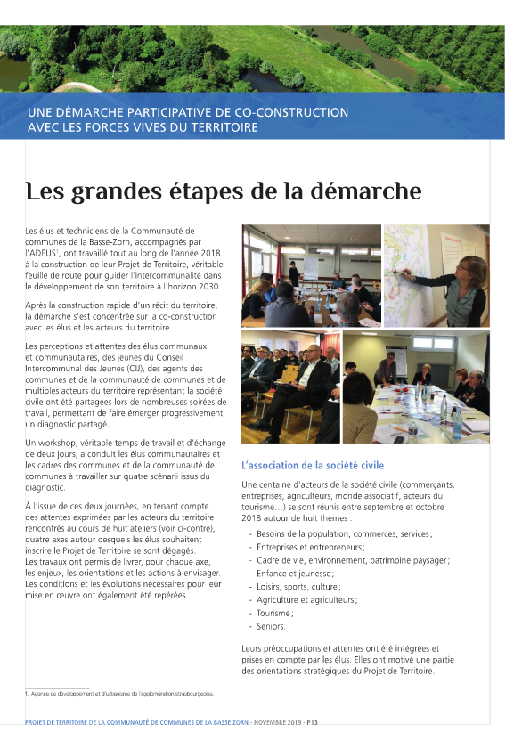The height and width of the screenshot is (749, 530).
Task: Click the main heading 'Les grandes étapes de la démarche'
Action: click(223, 191)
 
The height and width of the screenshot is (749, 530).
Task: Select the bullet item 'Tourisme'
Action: click(274, 614)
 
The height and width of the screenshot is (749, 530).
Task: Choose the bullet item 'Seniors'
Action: click(271, 627)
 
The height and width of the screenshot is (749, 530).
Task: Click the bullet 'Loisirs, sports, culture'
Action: click(298, 587)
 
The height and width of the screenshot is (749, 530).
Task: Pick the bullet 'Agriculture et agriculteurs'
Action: click(306, 600)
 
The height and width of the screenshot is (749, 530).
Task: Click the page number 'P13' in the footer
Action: click(312, 722)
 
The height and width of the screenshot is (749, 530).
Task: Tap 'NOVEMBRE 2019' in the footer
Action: click(277, 722)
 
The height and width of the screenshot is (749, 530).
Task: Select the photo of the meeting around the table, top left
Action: click(311, 274)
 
